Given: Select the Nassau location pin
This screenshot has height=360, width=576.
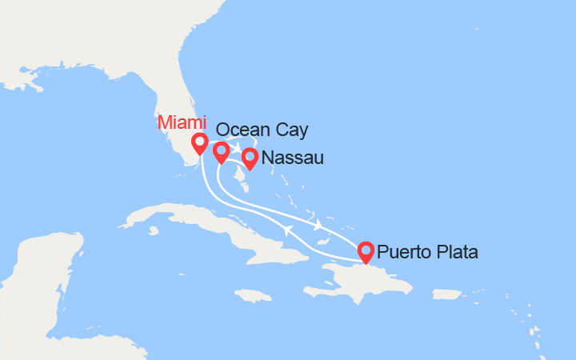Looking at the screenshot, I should (x=250, y=158).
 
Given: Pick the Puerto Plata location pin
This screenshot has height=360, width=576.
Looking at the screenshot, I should (x=366, y=251).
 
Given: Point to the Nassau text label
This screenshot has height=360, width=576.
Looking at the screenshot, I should (x=292, y=158).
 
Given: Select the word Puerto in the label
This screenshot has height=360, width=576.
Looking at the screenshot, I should (x=402, y=253).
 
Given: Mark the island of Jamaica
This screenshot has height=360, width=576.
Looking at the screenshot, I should (x=255, y=295).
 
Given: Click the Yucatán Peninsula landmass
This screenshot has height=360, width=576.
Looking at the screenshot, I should (x=40, y=272).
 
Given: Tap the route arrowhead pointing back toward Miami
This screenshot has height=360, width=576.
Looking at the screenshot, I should (x=285, y=230).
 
